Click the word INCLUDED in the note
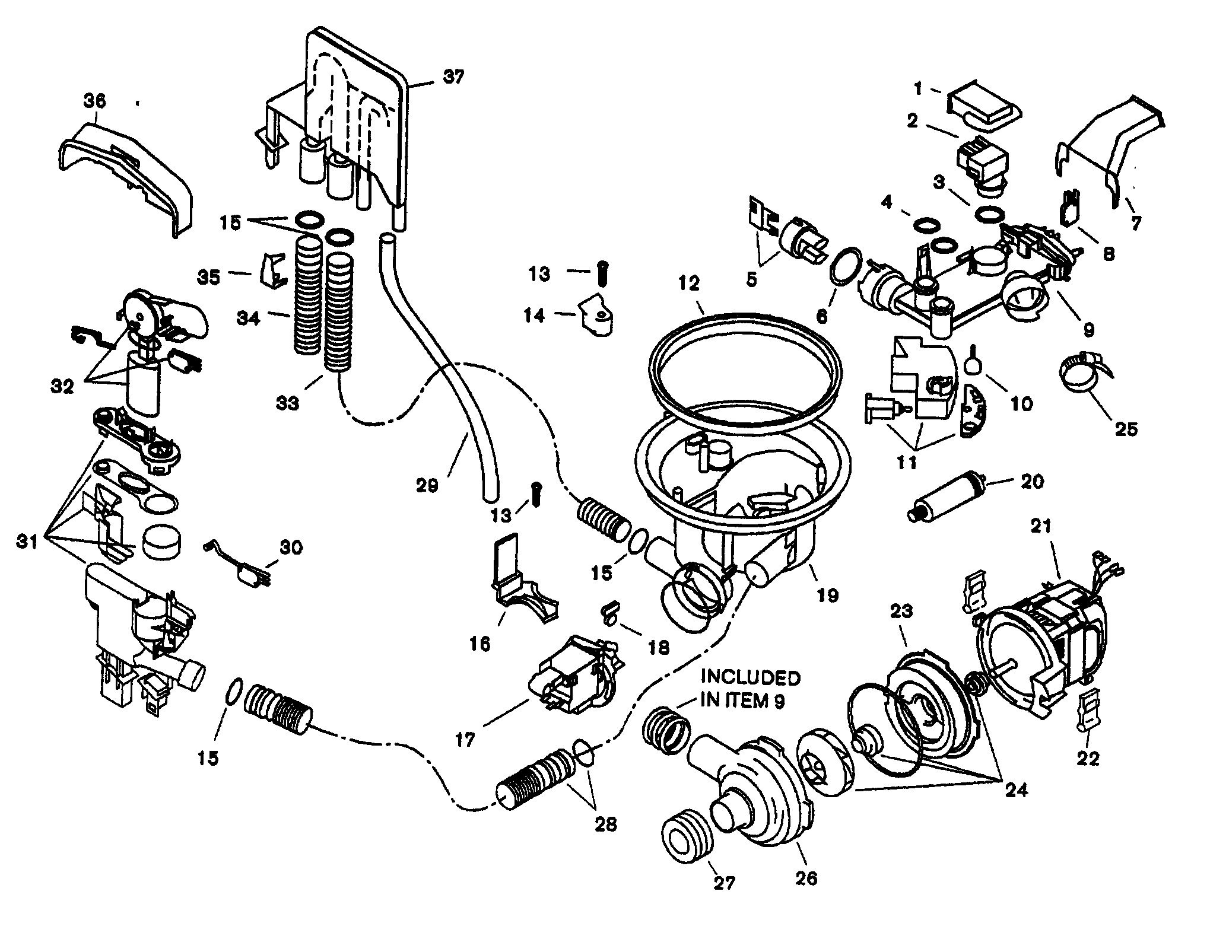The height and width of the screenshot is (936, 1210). click(750, 677)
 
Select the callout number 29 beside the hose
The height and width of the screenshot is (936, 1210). click(427, 486)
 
